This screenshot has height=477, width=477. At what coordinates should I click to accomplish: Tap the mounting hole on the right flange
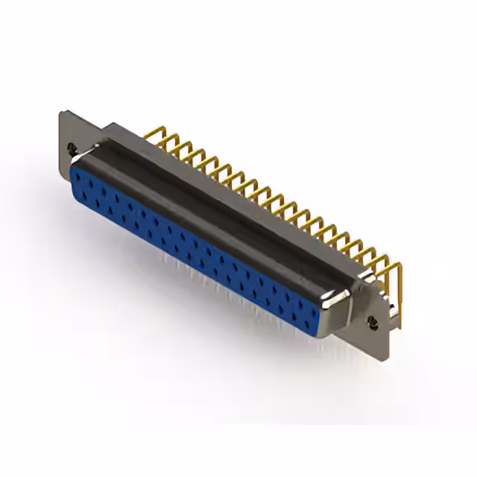click(x=373, y=322)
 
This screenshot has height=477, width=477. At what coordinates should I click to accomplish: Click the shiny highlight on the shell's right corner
click(x=335, y=298)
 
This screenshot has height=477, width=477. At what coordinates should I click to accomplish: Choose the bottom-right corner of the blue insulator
click(x=316, y=332)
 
